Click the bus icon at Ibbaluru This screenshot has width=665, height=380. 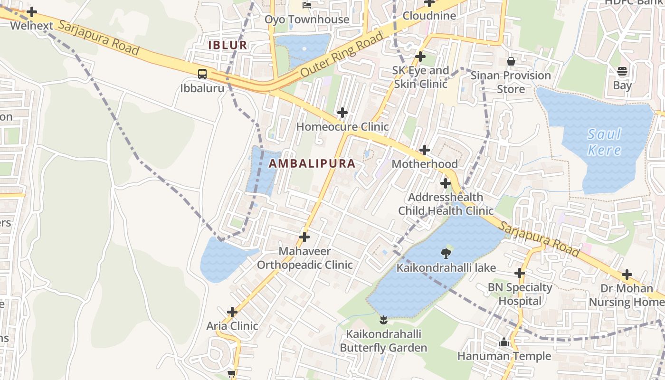(x=202, y=74)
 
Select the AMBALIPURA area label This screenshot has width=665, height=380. (x=312, y=163)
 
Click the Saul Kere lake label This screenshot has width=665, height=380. (x=604, y=142)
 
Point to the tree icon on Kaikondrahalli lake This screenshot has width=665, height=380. (x=446, y=254)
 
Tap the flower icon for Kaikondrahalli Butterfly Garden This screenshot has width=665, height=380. (x=384, y=320)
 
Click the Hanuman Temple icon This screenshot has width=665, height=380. (x=504, y=342)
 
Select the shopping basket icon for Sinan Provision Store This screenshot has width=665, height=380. (x=511, y=61)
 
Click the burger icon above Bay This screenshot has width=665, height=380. (x=622, y=72)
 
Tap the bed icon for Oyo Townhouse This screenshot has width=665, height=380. (x=307, y=6)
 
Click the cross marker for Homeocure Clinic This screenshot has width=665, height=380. (x=342, y=113)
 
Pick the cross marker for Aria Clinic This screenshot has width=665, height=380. (x=232, y=312)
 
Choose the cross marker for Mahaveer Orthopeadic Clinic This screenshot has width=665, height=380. (x=304, y=237)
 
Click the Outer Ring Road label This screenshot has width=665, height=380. (x=342, y=55)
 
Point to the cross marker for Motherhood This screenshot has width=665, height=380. (x=425, y=150)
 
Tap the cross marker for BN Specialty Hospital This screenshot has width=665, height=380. (x=520, y=273)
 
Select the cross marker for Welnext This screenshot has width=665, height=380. (x=32, y=11)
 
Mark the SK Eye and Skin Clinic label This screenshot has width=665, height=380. (x=420, y=77)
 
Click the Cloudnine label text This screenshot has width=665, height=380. (x=429, y=16)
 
